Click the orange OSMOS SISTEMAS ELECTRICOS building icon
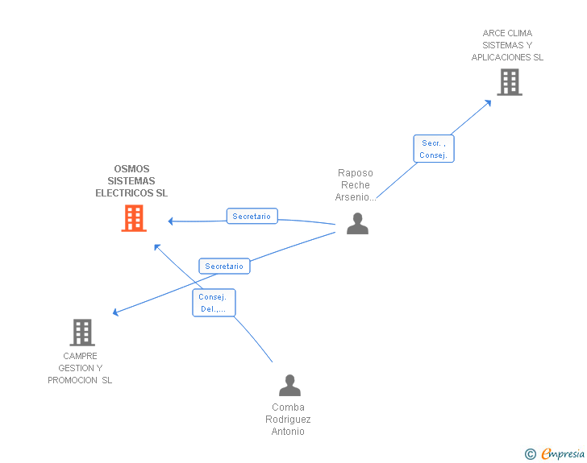(134, 218)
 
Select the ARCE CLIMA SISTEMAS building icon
(509, 82)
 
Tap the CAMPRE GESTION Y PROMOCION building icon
(81, 332)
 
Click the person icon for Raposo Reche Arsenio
(357, 224)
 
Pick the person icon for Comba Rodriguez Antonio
(289, 386)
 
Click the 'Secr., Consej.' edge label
(434, 149)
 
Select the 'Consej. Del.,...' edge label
(214, 302)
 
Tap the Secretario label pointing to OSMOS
(252, 216)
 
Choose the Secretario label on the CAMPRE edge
(224, 266)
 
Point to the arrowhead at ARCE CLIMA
(488, 102)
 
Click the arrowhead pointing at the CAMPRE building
(116, 312)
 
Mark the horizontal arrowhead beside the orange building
(171, 221)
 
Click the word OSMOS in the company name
(131, 169)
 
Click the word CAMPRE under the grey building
(80, 356)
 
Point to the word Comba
(288, 407)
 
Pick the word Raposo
(356, 173)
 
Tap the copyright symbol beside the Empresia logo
(531, 454)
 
